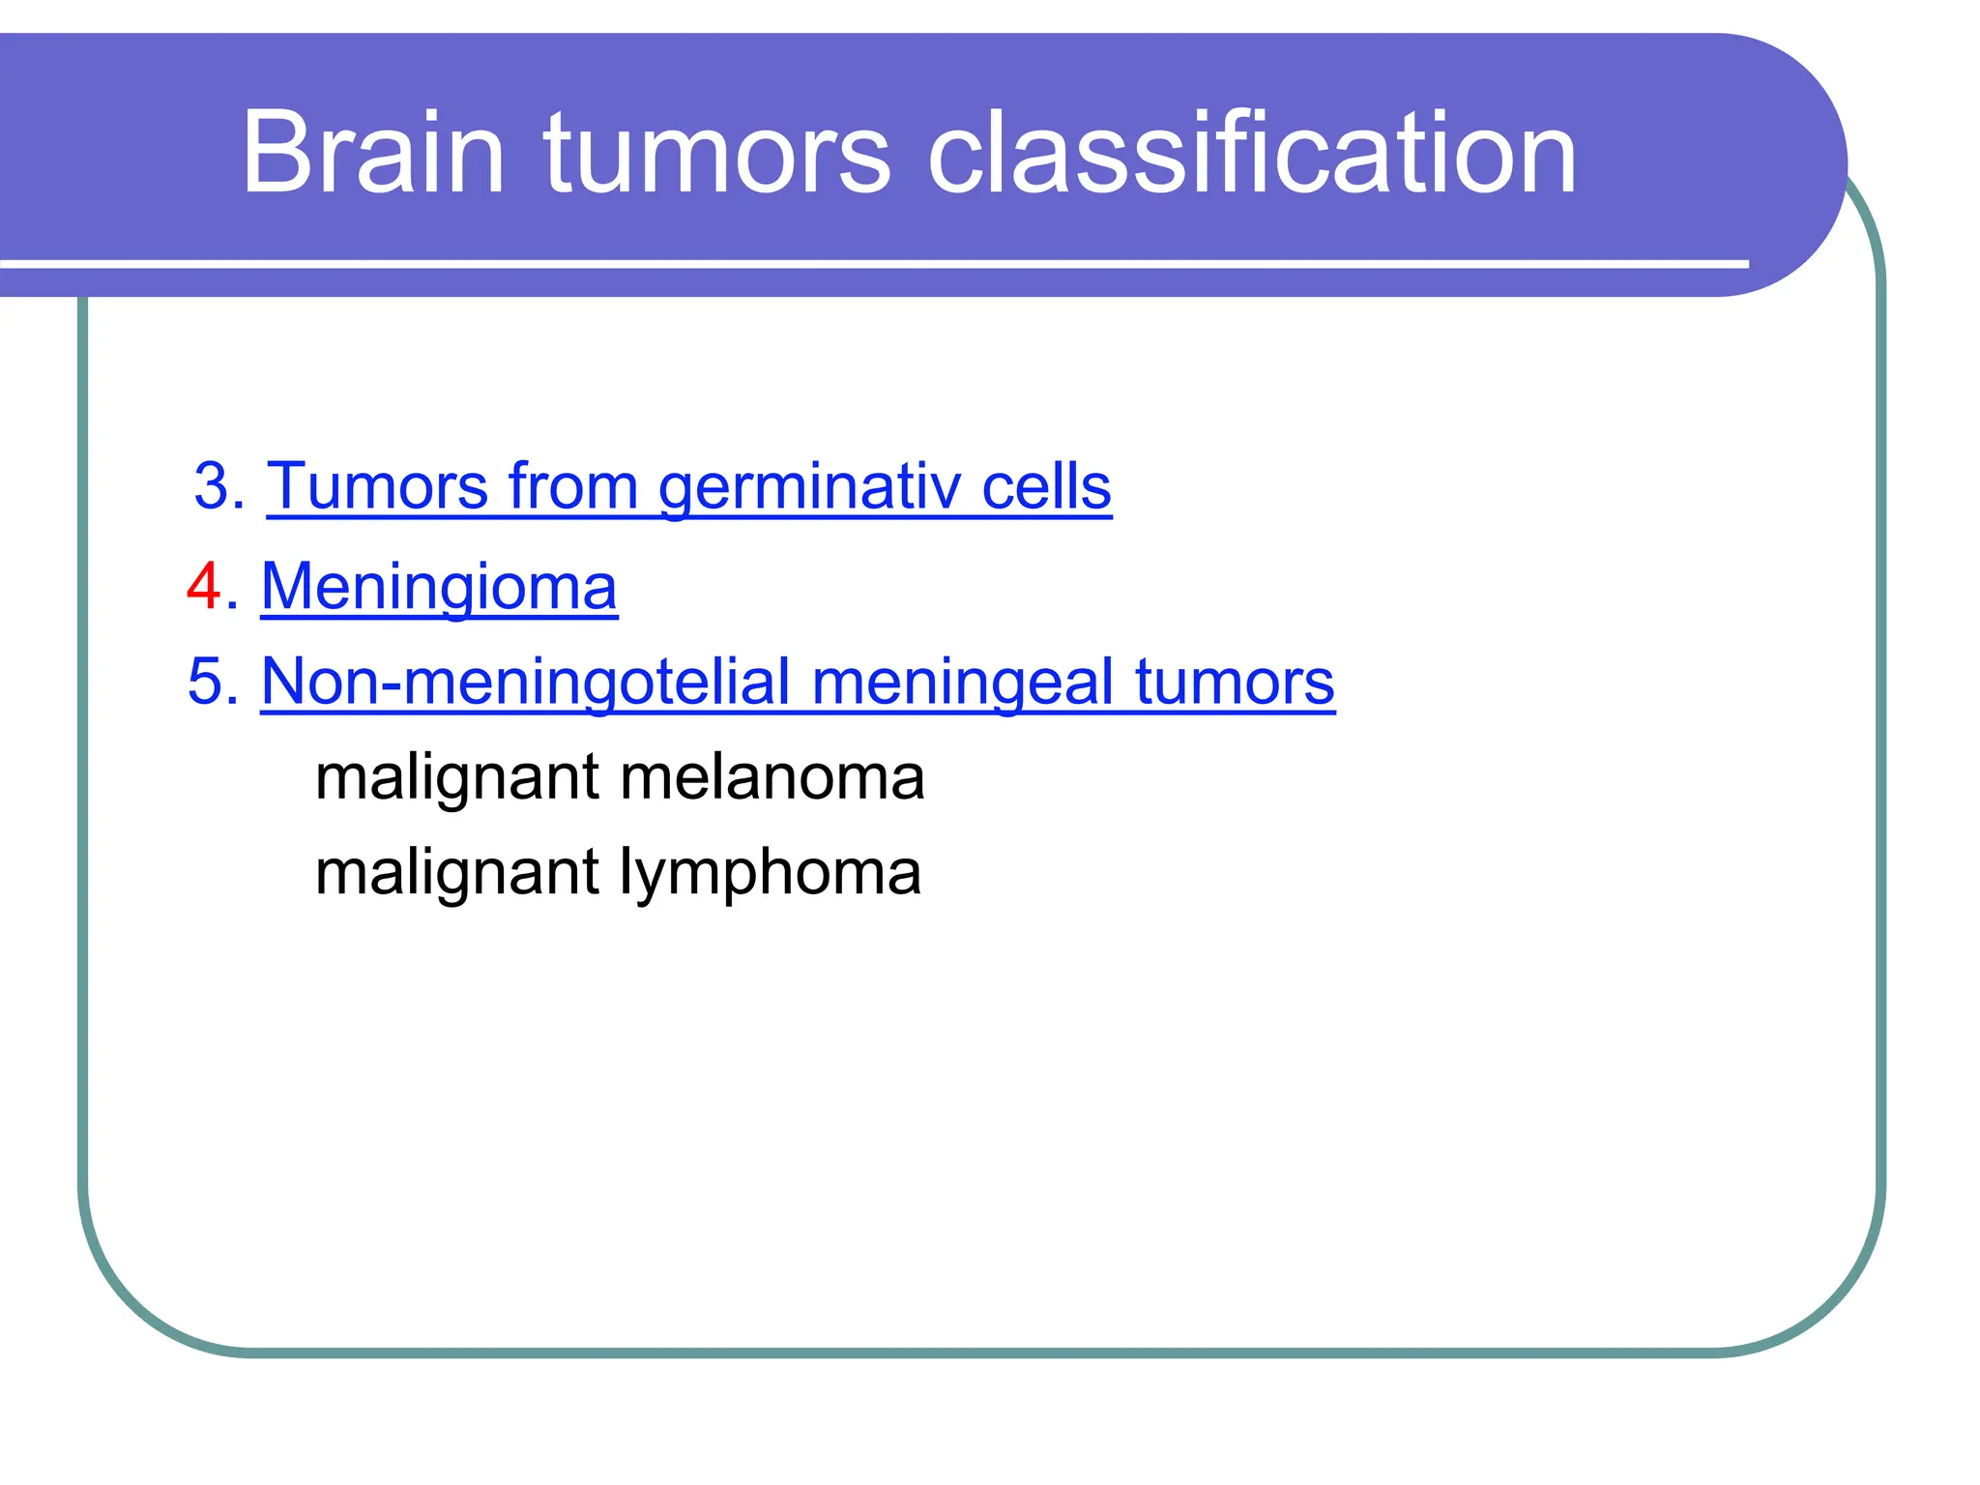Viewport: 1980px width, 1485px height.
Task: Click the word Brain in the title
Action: pos(372,153)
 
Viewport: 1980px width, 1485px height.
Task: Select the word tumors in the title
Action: pos(715,153)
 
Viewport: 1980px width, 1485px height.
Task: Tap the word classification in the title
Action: pos(1252,153)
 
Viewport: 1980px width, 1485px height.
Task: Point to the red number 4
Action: pos(205,586)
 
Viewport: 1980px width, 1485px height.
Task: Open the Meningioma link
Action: pos(439,586)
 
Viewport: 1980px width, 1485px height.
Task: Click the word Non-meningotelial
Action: pos(525,681)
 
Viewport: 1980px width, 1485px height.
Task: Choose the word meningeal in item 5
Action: pos(962,681)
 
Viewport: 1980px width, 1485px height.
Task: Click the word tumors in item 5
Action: pos(1235,681)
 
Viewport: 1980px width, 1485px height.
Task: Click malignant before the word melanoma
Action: pos(457,776)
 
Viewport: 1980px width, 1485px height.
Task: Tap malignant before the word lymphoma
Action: pos(457,872)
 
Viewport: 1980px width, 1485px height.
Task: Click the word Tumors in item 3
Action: pos(377,485)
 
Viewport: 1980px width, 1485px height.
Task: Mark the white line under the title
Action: pos(870,263)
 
